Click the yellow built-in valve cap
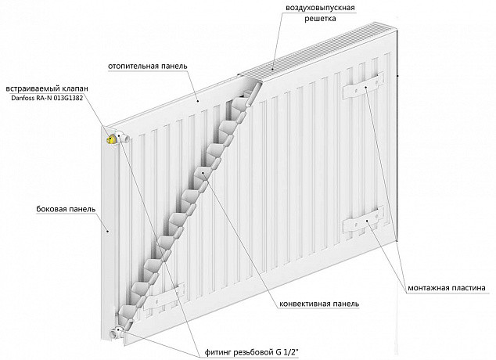[110, 139]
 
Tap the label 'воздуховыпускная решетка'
[320, 13]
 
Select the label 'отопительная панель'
[148, 66]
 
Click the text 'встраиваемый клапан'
[47, 88]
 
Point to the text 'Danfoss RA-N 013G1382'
[47, 98]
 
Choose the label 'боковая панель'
[66, 209]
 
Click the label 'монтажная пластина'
[447, 288]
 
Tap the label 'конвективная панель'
[319, 304]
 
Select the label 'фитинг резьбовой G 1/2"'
[252, 352]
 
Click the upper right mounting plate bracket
[364, 86]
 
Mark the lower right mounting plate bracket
[364, 221]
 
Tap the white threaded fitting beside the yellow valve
[124, 138]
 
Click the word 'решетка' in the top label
[320, 19]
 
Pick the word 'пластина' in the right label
[468, 288]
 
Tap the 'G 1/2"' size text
[287, 351]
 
